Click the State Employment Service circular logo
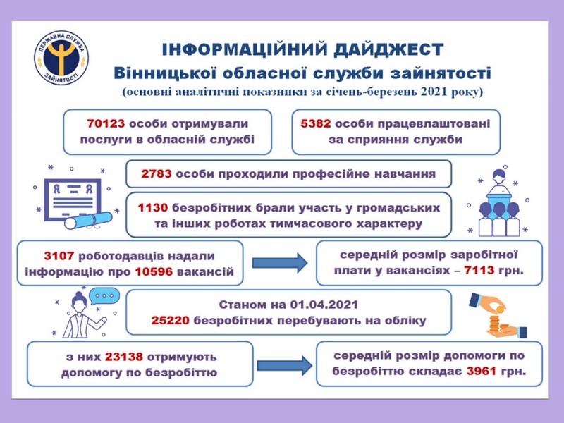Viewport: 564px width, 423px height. [x=61, y=58]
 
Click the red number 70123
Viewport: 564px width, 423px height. [x=106, y=124]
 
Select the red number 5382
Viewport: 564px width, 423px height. [x=315, y=124]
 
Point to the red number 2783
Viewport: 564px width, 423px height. [x=156, y=174]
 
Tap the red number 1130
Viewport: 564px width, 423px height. [x=153, y=208]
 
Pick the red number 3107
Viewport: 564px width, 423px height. [x=59, y=256]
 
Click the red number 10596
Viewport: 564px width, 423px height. [x=154, y=271]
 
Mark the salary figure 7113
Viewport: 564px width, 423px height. [x=479, y=270]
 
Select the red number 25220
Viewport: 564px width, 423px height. [x=170, y=321]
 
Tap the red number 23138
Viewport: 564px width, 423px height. [x=124, y=357]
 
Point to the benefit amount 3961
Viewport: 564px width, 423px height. [x=482, y=371]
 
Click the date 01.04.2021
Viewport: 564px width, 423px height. [x=324, y=305]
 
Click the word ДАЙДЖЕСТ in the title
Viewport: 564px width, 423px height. [x=388, y=49]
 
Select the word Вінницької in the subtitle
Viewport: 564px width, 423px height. [x=165, y=73]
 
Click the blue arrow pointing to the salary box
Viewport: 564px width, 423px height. [x=280, y=263]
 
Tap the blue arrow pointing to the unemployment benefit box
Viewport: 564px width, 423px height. [x=285, y=366]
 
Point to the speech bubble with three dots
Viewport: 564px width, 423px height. [x=104, y=295]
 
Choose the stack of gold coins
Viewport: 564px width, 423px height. [x=498, y=321]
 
